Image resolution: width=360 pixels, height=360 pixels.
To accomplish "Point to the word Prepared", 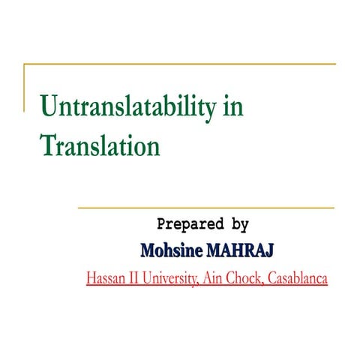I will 190,223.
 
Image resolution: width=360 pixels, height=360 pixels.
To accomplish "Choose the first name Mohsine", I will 169,248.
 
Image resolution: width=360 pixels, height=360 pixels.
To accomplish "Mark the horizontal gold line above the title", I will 180,65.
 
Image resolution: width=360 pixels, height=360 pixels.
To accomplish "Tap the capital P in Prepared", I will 160,223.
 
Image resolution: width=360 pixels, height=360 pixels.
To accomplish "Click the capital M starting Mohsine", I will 148,248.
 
